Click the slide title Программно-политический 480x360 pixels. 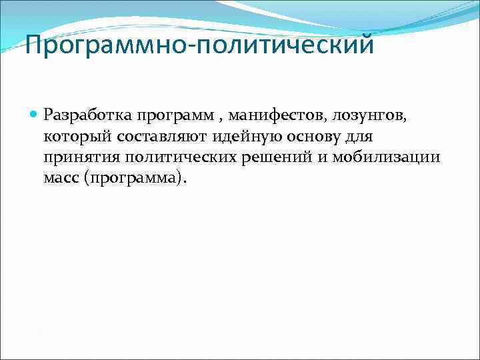point(198,46)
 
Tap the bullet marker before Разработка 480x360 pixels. point(35,115)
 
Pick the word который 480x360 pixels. point(73,137)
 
